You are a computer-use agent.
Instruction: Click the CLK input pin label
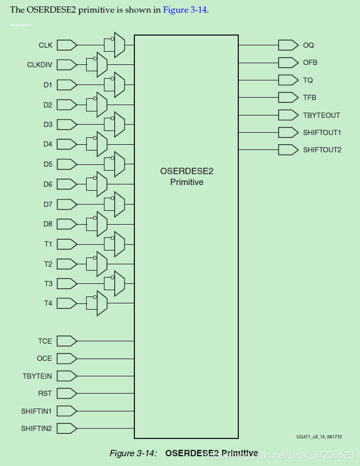click(x=45, y=45)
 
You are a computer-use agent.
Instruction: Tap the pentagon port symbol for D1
click(x=67, y=85)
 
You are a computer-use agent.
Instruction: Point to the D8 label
click(x=48, y=224)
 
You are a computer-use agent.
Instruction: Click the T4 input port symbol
click(x=67, y=303)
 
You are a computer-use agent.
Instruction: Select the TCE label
click(x=45, y=341)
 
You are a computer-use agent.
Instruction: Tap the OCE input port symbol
click(x=67, y=359)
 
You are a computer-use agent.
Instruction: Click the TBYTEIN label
click(x=37, y=376)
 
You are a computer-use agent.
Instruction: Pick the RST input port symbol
click(x=67, y=394)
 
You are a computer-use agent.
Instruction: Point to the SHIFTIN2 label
click(x=36, y=428)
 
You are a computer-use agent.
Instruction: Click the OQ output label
click(x=308, y=45)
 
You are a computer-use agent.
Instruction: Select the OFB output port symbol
click(x=287, y=62)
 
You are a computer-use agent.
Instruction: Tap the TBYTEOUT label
click(x=322, y=115)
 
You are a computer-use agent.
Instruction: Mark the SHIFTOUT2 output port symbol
click(x=287, y=150)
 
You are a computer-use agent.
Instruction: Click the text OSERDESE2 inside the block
click(x=187, y=171)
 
